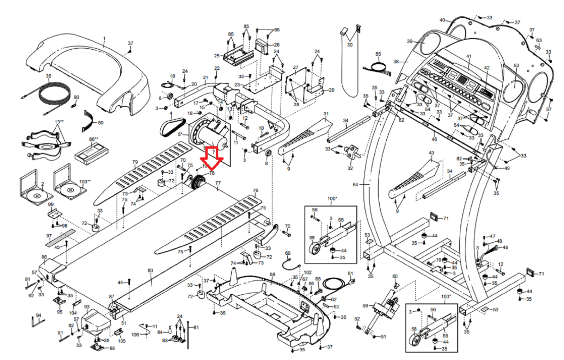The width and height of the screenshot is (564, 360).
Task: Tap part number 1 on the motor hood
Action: pyautogui.click(x=104, y=38)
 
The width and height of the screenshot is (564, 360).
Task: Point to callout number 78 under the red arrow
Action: pyautogui.click(x=211, y=173)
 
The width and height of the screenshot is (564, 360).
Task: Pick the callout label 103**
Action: pyautogui.click(x=85, y=181)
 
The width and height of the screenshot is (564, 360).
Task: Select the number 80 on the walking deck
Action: pyautogui.click(x=150, y=271)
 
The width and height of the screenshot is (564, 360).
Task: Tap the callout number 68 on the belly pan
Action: pyautogui.click(x=272, y=274)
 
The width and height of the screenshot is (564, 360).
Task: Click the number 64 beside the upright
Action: pyautogui.click(x=355, y=184)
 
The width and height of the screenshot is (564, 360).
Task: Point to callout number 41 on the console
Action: pyautogui.click(x=468, y=56)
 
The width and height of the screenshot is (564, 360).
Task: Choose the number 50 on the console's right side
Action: pyautogui.click(x=516, y=66)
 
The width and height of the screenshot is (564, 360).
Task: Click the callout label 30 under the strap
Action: pyautogui.click(x=349, y=45)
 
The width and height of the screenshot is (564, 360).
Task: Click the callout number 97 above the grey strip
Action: pyautogui.click(x=49, y=236)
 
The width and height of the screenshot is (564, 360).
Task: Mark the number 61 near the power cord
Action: pyautogui.click(x=350, y=273)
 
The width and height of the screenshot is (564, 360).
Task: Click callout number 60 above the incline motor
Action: pyautogui.click(x=395, y=276)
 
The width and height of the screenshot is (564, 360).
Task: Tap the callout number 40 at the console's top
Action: pyautogui.click(x=442, y=20)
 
